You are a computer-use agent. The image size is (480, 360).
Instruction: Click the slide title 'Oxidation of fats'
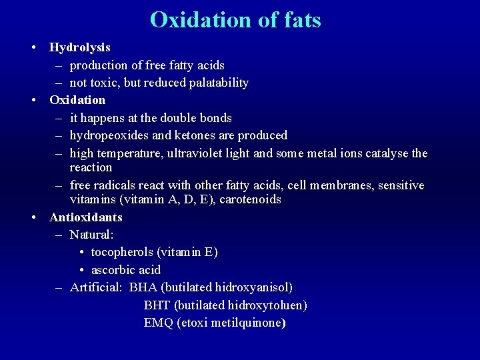[235, 20]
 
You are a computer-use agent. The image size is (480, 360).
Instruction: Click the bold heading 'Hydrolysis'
[80, 48]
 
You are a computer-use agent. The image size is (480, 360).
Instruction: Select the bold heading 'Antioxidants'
[86, 217]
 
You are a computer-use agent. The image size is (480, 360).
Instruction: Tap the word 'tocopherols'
[122, 252]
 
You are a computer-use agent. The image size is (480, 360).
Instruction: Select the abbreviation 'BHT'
[157, 305]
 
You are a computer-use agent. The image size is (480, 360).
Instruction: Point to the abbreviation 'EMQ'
[158, 323]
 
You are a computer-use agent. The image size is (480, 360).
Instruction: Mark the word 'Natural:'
[92, 235]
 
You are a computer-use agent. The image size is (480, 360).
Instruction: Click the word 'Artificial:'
[96, 287]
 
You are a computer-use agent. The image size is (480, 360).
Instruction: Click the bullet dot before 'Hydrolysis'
[33, 48]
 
